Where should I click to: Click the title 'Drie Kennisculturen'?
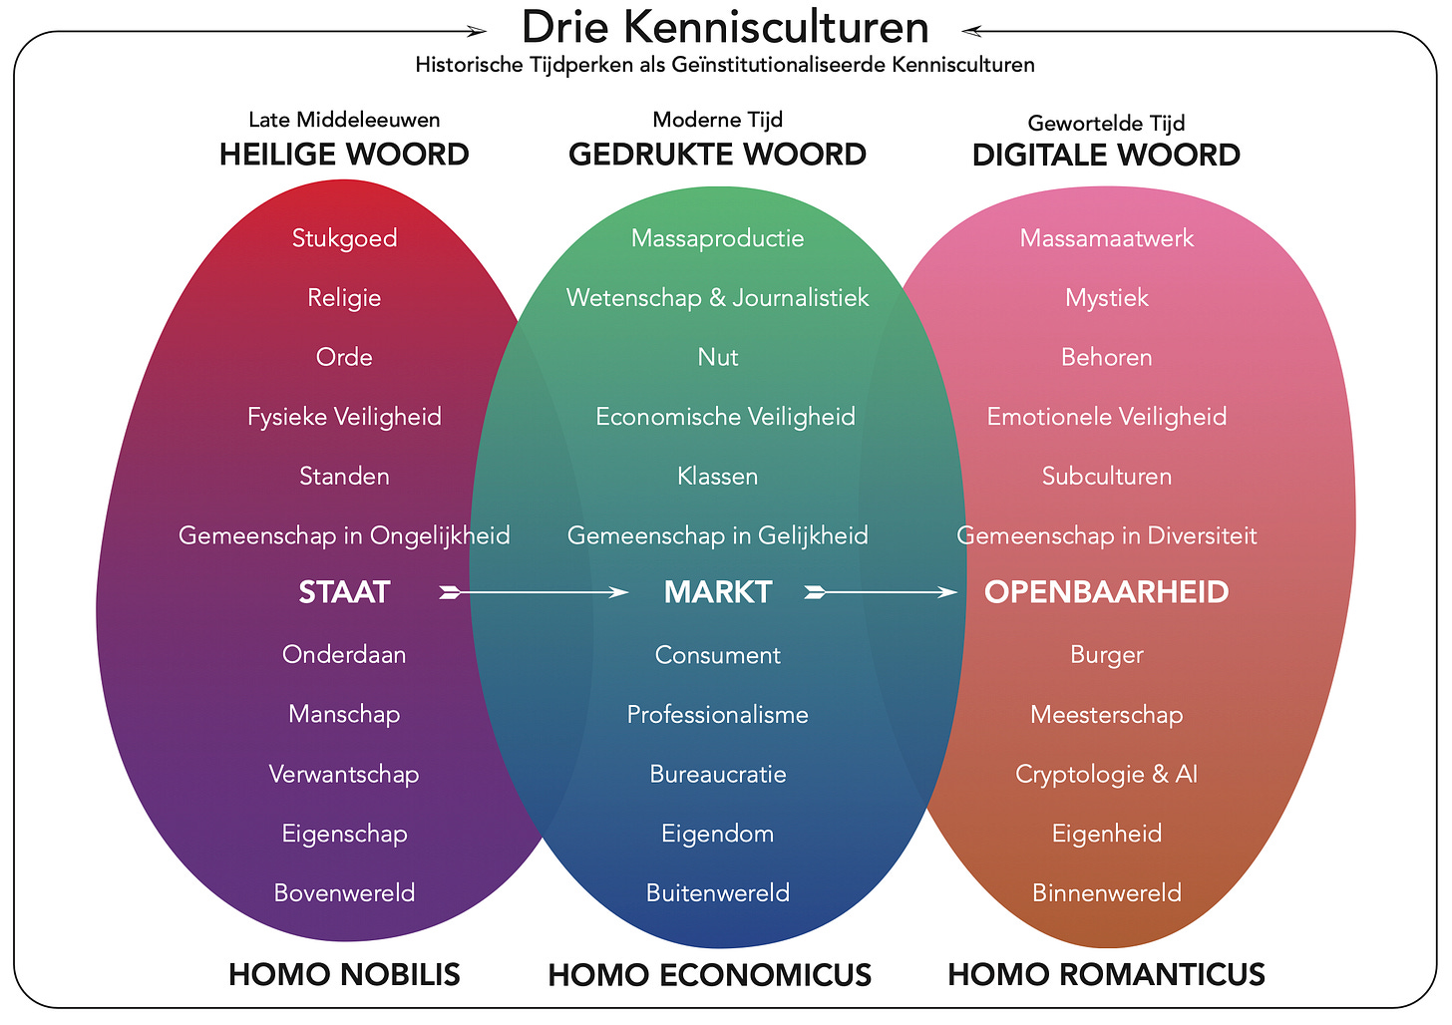725,27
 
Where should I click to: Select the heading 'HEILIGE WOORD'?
344,155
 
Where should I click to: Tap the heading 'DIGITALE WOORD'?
1106,156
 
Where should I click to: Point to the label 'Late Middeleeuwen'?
344,120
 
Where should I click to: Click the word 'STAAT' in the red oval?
344,592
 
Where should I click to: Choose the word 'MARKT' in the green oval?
718,592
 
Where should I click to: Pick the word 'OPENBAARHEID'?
1106,592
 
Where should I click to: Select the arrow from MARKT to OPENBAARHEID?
882,593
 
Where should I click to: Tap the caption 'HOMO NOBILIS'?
344,974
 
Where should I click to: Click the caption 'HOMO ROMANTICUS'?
1106,974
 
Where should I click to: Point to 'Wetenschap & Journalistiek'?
718,297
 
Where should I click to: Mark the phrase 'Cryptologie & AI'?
1106,774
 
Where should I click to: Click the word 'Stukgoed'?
344,238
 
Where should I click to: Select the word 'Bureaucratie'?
718,774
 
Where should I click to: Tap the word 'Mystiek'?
1106,297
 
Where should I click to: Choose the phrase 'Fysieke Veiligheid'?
344,416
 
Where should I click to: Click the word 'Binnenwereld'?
1106,892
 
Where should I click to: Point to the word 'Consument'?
718,655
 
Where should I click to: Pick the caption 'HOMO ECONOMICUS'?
710,975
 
